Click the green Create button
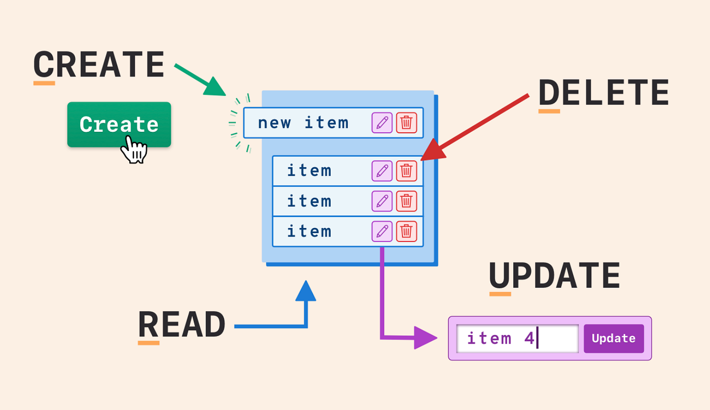(119, 125)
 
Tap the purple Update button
(614, 339)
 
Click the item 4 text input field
(517, 339)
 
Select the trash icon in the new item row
(406, 123)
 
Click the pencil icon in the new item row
(382, 123)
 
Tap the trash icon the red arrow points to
(406, 171)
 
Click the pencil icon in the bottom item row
(382, 232)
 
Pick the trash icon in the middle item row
(406, 201)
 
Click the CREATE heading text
(99, 65)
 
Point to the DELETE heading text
(603, 93)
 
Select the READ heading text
(182, 325)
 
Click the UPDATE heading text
(554, 276)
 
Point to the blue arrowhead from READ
(305, 292)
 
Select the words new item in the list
(303, 123)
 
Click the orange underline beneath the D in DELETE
(549, 110)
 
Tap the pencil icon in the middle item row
(382, 201)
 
